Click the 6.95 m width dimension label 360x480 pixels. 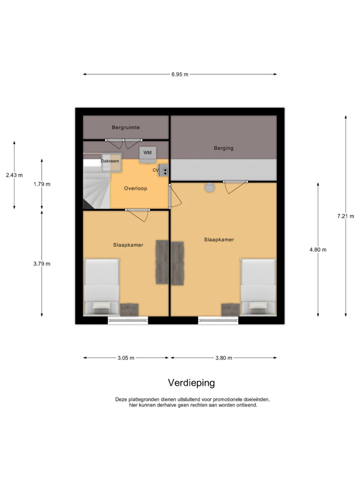180,74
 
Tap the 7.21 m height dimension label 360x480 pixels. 346,216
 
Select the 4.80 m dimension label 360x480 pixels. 318,249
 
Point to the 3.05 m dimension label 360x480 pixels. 126,358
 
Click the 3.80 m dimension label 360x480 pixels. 223,358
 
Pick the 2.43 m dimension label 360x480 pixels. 14,175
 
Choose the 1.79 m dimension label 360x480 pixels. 42,184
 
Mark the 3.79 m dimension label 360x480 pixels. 42,264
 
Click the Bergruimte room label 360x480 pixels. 126,127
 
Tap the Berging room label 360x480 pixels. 223,148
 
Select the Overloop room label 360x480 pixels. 135,188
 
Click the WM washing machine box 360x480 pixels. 148,155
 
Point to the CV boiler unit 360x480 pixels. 164,170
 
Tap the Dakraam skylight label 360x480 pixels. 110,161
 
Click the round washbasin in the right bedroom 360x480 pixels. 209,187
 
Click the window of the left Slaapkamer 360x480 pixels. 128,320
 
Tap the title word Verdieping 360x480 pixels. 191,383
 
